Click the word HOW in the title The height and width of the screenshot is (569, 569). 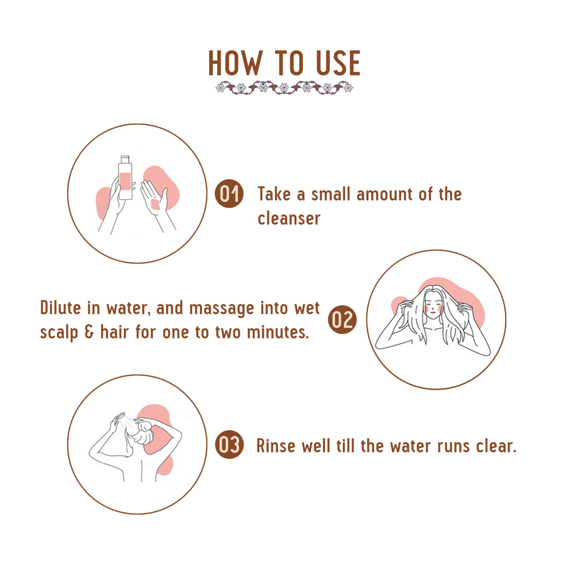click(235, 63)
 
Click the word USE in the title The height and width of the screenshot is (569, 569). click(338, 63)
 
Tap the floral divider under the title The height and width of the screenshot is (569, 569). click(284, 87)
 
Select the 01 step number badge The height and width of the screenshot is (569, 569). click(229, 193)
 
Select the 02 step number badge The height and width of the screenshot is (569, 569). click(342, 320)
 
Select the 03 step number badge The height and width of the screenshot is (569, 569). click(229, 444)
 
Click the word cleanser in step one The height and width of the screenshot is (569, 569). click(289, 219)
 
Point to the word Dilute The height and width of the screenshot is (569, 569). click(61, 308)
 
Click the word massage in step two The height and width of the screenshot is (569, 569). click(221, 309)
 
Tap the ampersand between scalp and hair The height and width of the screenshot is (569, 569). click(89, 332)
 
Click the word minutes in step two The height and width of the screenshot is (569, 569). click(278, 332)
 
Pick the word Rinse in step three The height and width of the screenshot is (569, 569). click(276, 446)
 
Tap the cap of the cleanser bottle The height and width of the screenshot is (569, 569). click(125, 159)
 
